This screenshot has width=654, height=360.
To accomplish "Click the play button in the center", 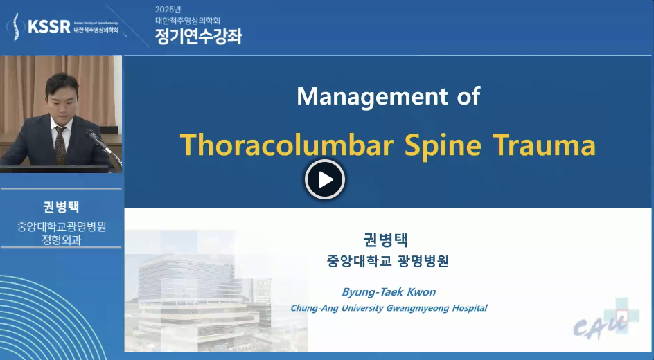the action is pos(325,179).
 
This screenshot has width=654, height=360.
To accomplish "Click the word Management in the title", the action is pos(366,97).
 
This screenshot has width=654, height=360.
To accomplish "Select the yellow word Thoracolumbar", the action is pos(287,145).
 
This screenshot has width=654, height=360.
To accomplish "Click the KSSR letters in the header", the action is pos(48,27).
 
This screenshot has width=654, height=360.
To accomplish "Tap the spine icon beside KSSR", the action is pos(15,27).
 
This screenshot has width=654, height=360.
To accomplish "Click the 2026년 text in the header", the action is pos(168,10).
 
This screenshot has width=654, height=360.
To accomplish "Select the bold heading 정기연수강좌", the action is pos(199,36).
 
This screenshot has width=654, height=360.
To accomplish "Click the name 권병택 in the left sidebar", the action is pos(61,207).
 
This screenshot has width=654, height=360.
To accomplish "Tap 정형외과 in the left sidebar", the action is pos(61,240).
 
